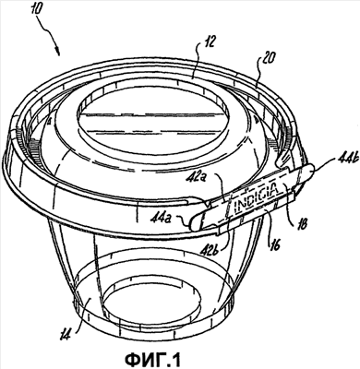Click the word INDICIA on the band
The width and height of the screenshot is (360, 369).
tap(257, 196)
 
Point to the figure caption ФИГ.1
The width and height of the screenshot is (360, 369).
tap(154, 359)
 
